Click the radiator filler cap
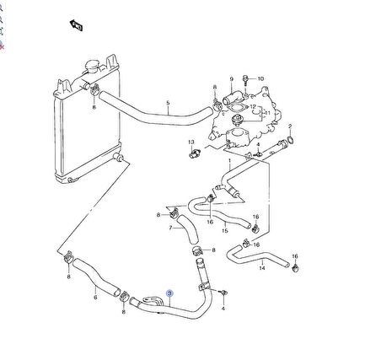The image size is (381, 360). (x=92, y=67)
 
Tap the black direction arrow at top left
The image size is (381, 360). (x=76, y=25)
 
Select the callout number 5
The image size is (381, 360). (x=168, y=103)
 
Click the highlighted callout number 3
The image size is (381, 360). (x=169, y=293)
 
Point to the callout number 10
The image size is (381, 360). (x=260, y=78)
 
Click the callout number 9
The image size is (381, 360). (x=232, y=79)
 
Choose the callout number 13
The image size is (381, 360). (x=191, y=142)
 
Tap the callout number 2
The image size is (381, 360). (x=290, y=126)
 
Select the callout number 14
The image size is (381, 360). (x=262, y=268)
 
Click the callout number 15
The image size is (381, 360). (x=225, y=231)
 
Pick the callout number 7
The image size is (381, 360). (x=170, y=228)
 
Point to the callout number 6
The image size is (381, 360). (x=95, y=297)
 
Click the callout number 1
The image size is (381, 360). (x=229, y=161)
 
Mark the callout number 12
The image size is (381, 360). (x=253, y=107)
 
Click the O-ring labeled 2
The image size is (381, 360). (x=291, y=140)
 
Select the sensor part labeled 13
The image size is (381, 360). (x=194, y=153)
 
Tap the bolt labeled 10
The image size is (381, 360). (x=246, y=79)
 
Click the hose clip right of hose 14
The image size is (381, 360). (x=295, y=268)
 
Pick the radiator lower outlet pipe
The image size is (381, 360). (x=118, y=158)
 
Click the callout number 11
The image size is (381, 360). (x=267, y=113)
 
